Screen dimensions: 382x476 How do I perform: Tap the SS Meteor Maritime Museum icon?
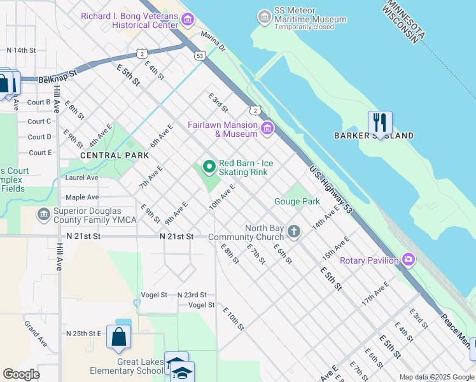coord(264,15)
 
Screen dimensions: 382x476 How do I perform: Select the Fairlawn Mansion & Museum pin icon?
coord(267,129)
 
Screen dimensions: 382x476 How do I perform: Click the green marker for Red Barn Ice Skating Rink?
coord(209,167)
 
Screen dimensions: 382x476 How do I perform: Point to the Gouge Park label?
coord(297,202)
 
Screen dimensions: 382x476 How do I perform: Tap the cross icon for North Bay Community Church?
coord(293,231)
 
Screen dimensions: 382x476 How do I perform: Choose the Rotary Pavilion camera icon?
coord(408,260)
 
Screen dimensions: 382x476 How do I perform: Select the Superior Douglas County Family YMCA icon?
coord(43,215)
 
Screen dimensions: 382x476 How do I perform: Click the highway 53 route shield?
coord(200,56)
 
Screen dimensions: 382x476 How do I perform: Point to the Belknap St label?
coord(57,73)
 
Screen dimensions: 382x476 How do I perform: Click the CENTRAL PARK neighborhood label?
coord(115,155)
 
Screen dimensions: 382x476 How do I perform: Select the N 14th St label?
coord(26,50)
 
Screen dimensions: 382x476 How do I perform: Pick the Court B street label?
coord(39,102)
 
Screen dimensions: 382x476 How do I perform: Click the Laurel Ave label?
coord(81,178)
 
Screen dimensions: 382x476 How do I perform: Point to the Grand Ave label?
coord(35,333)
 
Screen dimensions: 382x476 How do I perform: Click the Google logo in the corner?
coord(21,374)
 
